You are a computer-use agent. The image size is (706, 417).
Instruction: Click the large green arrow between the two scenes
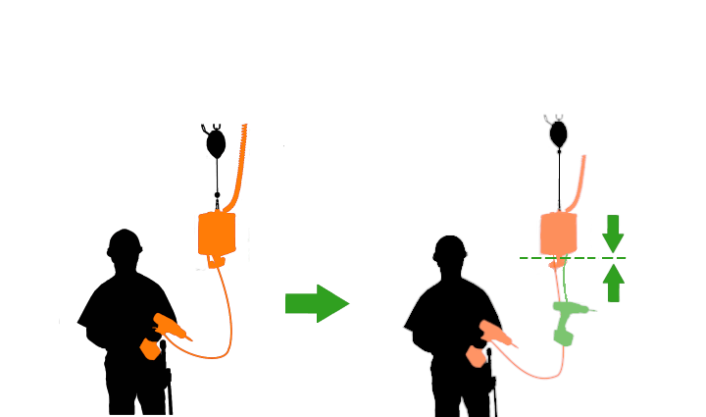coord(317,303)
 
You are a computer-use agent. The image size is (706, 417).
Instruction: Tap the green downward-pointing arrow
coord(613,234)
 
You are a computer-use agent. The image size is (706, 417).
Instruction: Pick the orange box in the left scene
coord(217,235)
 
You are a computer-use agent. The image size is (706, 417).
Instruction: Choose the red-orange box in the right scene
coord(558,234)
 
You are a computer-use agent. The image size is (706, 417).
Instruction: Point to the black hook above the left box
coord(216,141)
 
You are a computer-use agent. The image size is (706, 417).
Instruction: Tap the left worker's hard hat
coord(125,242)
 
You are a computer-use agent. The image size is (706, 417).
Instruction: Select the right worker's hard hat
coord(450,248)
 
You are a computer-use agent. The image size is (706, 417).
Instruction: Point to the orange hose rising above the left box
coord(239,167)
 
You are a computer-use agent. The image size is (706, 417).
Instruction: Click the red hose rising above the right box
coord(580,182)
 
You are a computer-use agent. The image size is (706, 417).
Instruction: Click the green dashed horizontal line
coord(588,258)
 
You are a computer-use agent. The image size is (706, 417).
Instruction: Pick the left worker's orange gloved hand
coord(150,348)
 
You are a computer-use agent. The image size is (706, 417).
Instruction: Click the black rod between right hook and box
coord(558,182)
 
